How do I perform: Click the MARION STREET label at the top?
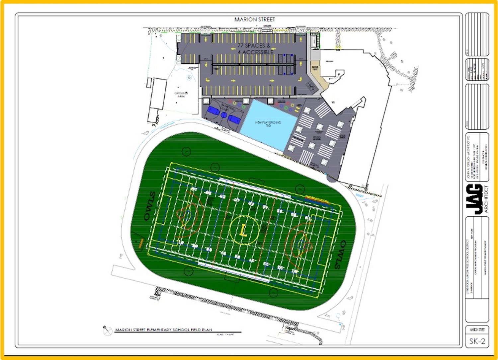point(255,20)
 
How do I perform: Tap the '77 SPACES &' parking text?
point(254,45)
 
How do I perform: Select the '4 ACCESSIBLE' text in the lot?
point(256,52)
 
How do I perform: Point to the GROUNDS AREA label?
point(181,95)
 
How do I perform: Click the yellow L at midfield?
point(244,230)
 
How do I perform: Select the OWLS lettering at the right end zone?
point(339,255)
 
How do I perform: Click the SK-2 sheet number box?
point(477,341)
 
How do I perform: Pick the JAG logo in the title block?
point(474,199)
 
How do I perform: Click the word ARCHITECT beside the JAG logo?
point(486,199)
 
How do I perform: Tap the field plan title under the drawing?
point(163,330)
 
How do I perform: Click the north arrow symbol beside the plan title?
point(107,330)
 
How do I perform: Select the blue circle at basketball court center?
point(224,115)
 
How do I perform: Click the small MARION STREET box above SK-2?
point(477,329)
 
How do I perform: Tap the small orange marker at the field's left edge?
point(141,243)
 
